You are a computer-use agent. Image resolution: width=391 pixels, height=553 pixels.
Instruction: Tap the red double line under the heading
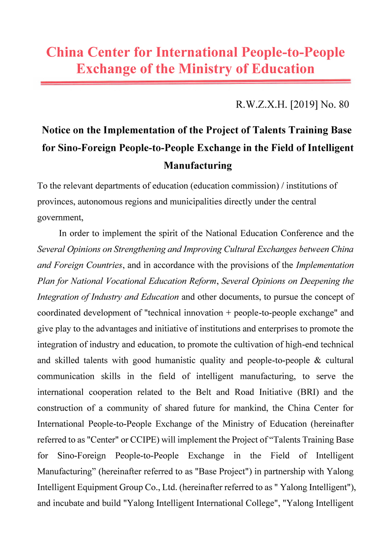(x=195, y=82)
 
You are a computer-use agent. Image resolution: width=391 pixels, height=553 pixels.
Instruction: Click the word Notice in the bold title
(x=57, y=130)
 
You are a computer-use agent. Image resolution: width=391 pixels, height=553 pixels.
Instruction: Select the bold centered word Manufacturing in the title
(x=198, y=165)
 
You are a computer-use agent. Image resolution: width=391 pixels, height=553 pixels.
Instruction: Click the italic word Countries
(x=101, y=265)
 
